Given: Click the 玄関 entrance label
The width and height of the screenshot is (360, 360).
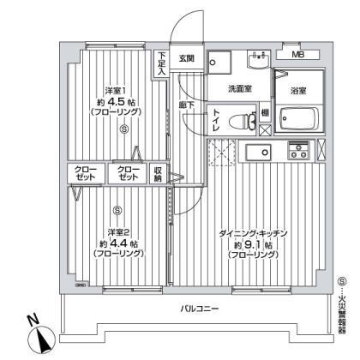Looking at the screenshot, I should pos(187,58).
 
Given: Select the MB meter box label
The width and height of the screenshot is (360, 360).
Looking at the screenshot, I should pos(297,56).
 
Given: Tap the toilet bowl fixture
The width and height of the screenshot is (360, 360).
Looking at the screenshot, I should pos(246,120).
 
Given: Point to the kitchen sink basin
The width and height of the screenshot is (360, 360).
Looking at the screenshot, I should pos(256,153).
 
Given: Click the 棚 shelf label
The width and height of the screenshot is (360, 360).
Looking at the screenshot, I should pos(266,112).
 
